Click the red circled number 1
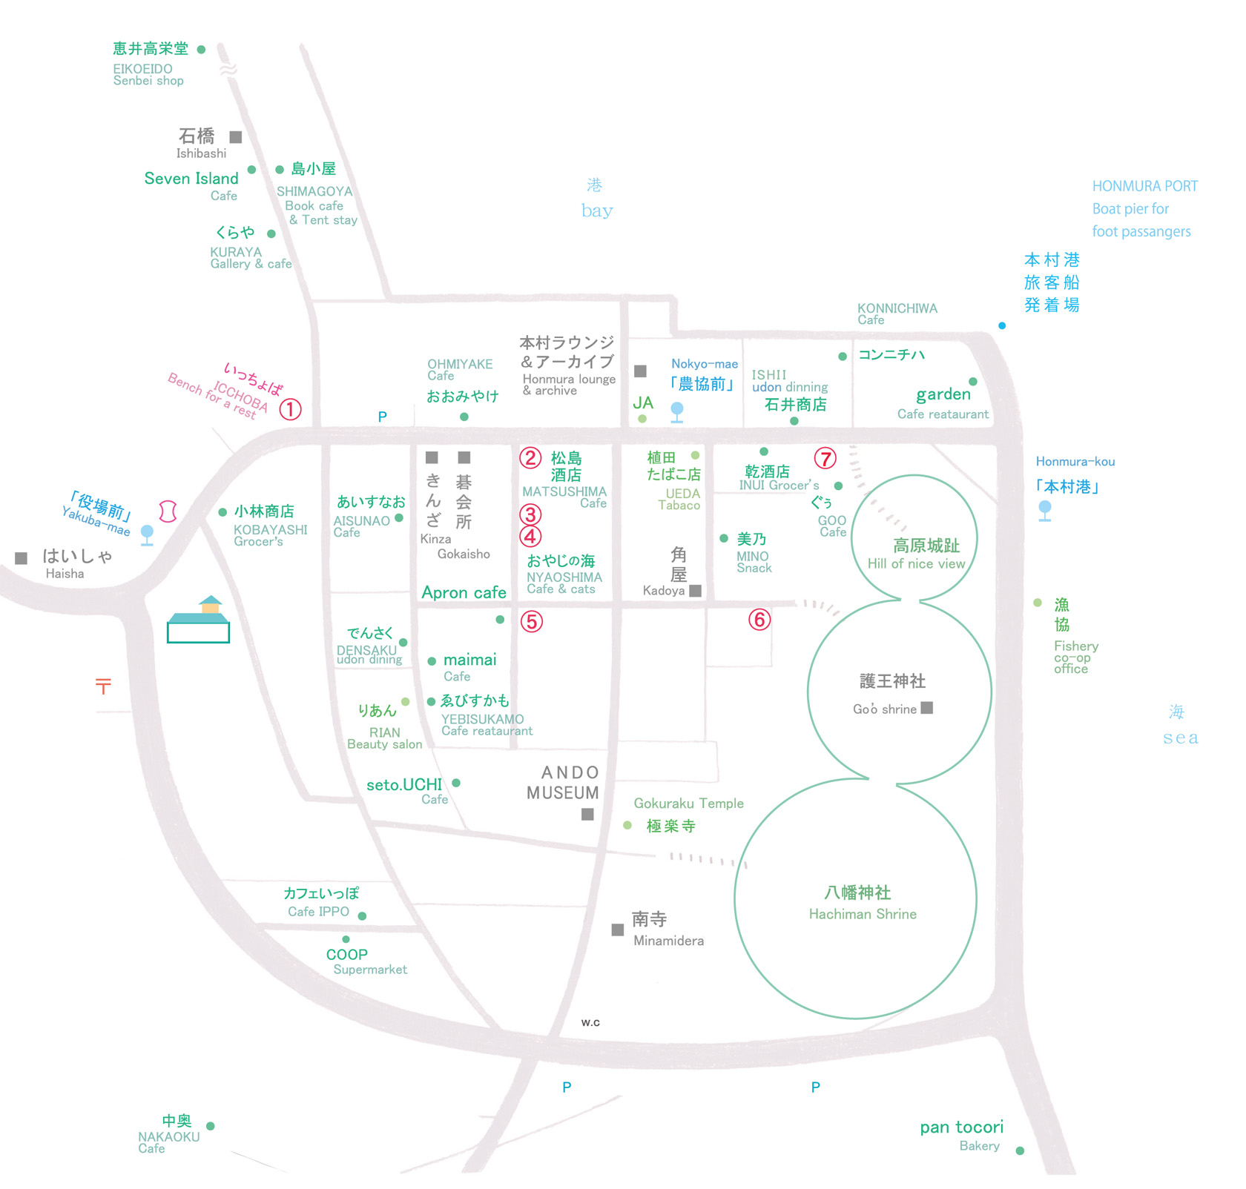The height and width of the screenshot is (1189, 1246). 290,409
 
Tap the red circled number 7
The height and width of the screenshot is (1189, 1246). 825,459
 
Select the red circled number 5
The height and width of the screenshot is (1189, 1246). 531,621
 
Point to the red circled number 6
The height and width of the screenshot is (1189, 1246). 759,619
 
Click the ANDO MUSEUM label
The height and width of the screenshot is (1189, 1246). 563,783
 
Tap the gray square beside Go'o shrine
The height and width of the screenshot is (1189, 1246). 926,708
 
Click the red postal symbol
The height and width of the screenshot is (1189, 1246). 103,686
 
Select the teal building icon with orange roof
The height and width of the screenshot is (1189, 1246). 198,620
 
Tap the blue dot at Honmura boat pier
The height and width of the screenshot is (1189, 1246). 1002,325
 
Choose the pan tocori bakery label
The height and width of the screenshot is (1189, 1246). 961,1127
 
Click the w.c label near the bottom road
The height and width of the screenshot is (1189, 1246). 590,1022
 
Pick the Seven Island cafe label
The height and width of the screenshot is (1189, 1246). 191,179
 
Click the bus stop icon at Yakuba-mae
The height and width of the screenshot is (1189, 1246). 148,534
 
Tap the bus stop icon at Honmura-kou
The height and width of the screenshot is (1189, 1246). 1045,510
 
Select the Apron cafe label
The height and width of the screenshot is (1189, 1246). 464,592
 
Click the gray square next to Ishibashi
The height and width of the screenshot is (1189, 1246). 236,137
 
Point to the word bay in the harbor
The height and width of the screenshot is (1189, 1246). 597,211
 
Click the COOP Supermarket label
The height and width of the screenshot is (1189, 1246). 347,955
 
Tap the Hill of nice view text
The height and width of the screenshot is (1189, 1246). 916,563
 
